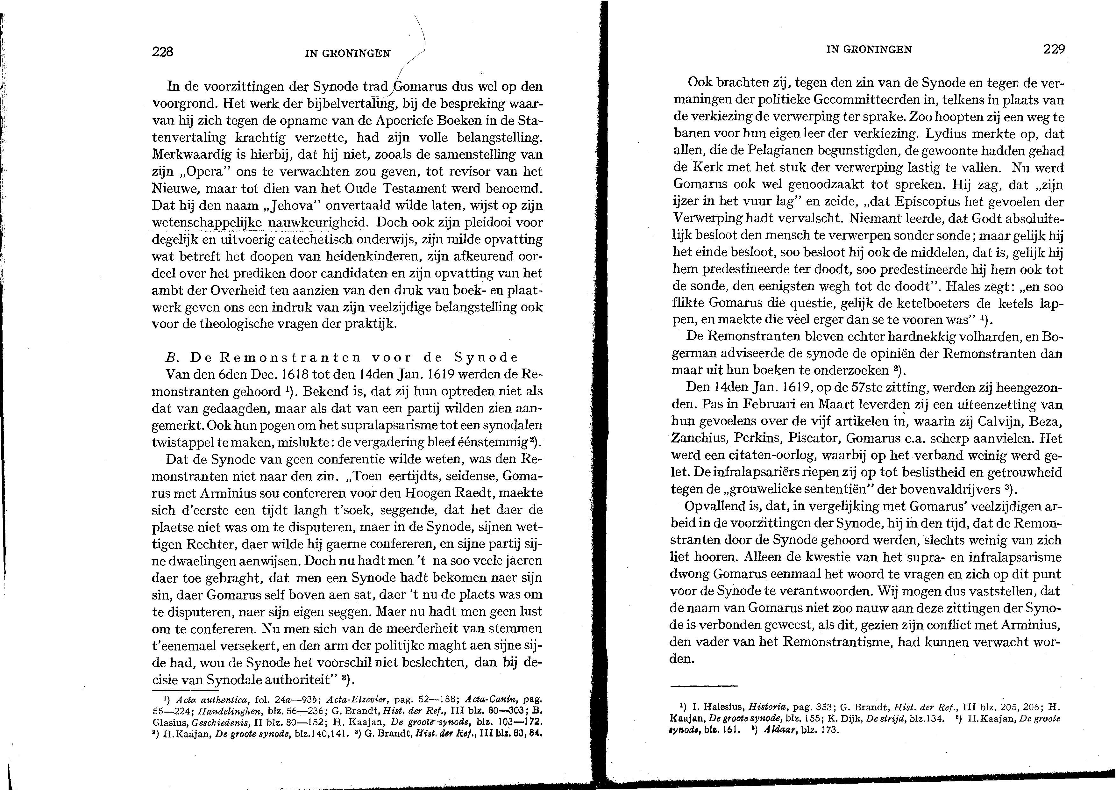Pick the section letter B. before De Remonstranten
click(x=170, y=357)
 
